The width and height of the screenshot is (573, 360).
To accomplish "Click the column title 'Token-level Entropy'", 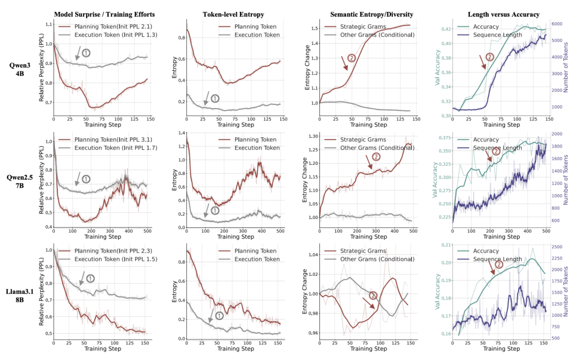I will tap(226, 14).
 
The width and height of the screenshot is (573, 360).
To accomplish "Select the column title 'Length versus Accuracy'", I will tap(488, 14).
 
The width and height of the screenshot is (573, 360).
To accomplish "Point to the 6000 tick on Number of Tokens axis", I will tap(557, 24).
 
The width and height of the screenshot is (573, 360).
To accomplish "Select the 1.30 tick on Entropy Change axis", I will tap(311, 136).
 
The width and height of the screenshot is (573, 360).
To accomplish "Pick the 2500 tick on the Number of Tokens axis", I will tap(557, 247).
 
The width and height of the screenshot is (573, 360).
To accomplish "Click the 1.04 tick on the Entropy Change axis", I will tap(311, 255).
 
